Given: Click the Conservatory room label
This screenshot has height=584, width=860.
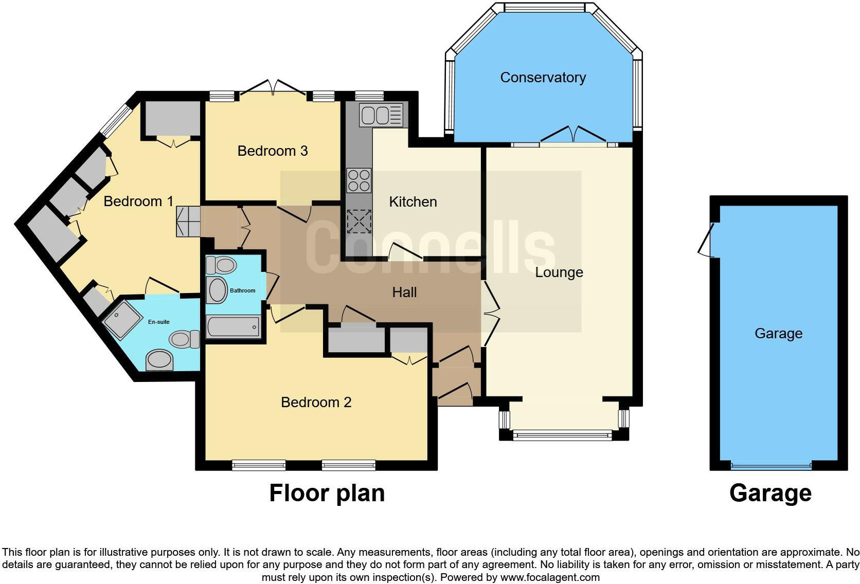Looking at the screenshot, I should [x=543, y=78].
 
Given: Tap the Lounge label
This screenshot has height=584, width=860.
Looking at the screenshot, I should [x=559, y=272].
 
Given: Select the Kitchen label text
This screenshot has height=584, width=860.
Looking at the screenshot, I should [x=413, y=202].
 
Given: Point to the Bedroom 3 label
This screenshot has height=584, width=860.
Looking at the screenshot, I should [x=273, y=151].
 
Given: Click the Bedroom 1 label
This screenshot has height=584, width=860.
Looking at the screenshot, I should [x=138, y=202].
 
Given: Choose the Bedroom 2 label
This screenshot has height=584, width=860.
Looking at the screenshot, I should [x=316, y=403].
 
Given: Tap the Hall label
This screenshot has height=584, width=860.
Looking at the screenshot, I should [x=404, y=293].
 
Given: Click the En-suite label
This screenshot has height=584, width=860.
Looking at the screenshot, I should [x=158, y=322].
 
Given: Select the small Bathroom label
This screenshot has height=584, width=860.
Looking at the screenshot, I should [x=242, y=291].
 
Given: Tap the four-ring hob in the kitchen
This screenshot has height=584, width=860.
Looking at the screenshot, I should [x=359, y=180].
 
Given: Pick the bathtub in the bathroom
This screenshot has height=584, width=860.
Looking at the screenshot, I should [x=233, y=326].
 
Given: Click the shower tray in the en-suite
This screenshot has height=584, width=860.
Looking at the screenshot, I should [x=123, y=320].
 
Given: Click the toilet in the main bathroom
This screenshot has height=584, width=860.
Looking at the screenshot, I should [x=221, y=266].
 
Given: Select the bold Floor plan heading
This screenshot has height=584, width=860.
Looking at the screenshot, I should [x=327, y=494].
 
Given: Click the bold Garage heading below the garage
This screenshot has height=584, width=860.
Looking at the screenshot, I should [x=770, y=494].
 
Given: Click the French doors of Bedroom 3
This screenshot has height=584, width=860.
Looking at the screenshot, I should [x=273, y=88].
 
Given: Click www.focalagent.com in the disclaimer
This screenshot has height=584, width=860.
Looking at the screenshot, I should [x=550, y=577].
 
